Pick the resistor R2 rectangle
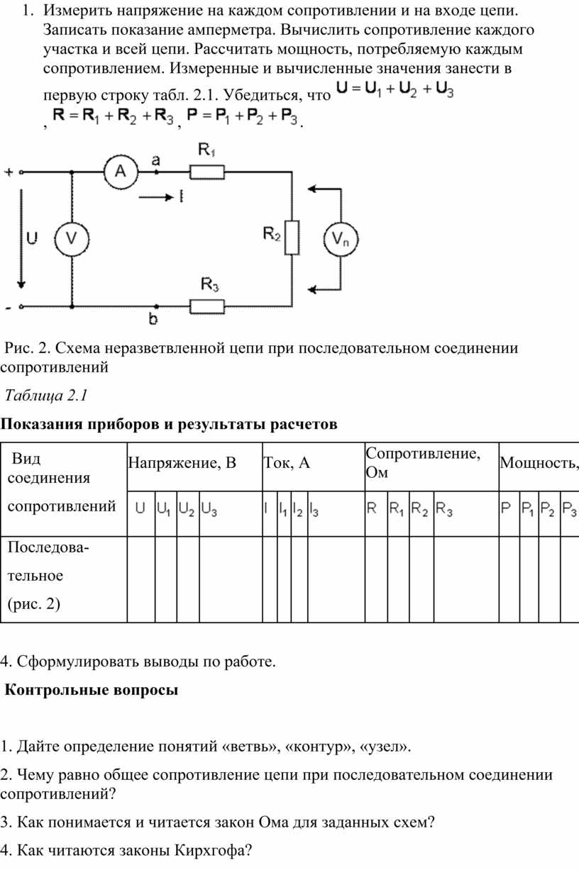292,238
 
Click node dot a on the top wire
156,172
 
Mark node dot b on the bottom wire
156,306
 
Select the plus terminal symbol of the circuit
9,172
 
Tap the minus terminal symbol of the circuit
9,308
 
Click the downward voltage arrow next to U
21,239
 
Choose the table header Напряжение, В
182,463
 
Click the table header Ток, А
287,463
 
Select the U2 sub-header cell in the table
188,513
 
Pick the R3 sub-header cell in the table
466,513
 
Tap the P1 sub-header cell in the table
529,513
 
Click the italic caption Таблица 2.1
46,396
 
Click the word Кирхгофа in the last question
209,850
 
